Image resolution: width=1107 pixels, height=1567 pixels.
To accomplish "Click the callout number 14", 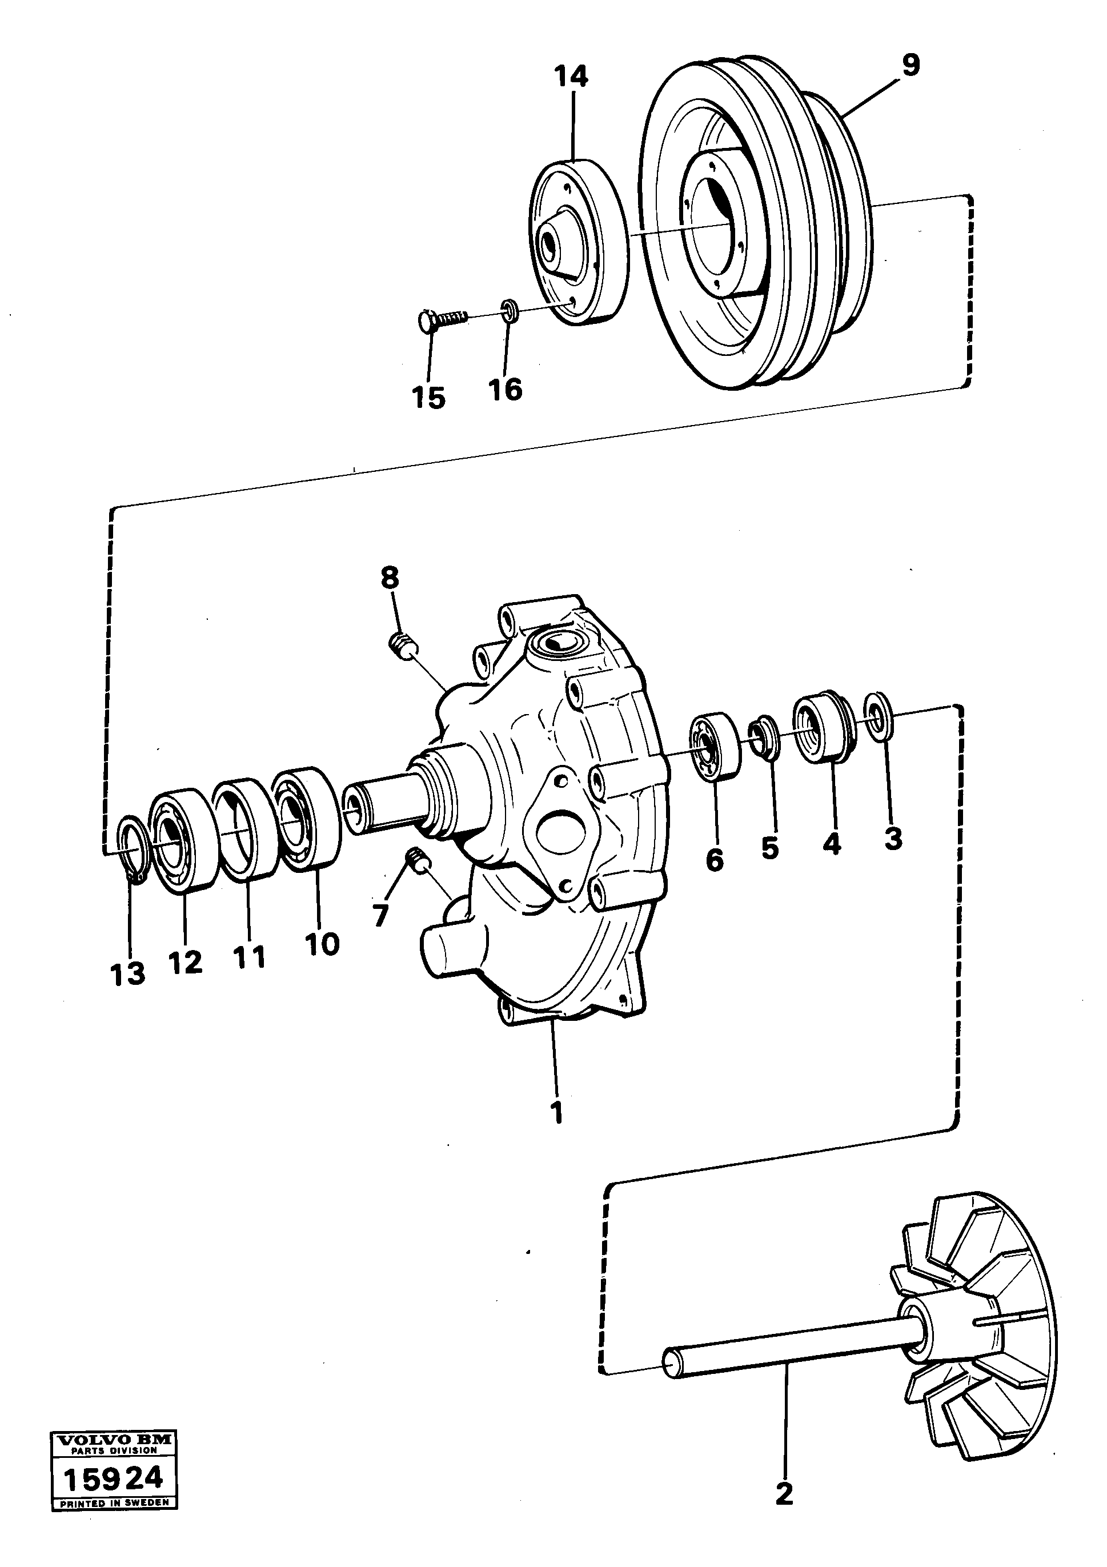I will pos(571,77).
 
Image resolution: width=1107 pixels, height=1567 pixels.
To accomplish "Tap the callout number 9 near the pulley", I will pos(911,66).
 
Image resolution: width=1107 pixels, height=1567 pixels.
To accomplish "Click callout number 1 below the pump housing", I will pos(557,1111).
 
